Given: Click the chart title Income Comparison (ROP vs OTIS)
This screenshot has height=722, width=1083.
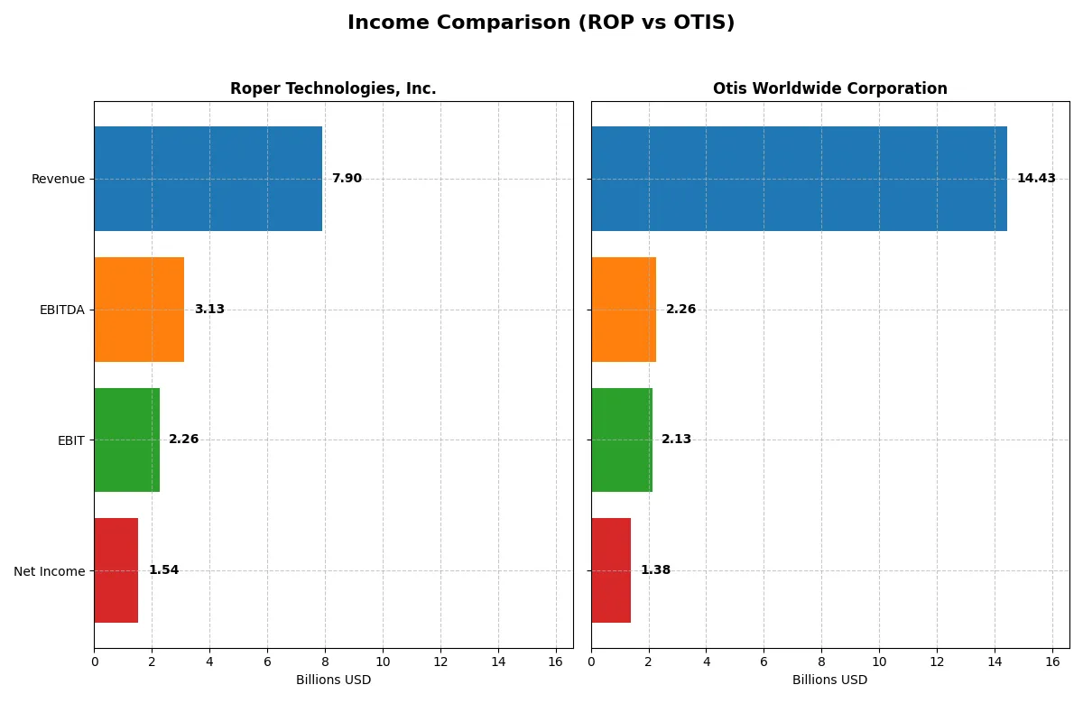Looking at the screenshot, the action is coord(541,23).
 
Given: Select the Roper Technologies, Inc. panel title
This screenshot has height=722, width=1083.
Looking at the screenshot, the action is coord(333,88).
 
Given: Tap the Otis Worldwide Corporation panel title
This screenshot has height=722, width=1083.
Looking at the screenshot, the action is coord(829,88).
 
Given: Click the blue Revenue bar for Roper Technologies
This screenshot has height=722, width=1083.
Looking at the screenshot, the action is coord(208,179).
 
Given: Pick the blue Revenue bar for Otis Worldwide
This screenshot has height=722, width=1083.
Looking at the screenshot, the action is coord(799,179).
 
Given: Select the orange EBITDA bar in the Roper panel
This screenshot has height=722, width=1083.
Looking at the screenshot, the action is coord(139,310).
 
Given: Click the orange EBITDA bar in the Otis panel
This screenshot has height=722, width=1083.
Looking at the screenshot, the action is coord(624,310).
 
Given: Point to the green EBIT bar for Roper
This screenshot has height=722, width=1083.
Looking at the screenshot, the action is coord(126,440).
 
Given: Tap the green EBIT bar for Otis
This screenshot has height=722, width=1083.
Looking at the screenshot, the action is coord(622,440).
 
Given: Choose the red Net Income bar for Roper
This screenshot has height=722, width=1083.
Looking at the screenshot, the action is coord(116,570).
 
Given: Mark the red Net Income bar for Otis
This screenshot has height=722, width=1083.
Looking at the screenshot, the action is coord(611,570).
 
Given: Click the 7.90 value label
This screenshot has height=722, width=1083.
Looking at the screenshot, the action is coord(347,179).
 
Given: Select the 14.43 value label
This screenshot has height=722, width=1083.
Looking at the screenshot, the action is coord(1036,179).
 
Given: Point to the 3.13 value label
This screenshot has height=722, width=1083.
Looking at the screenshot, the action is coord(209,310).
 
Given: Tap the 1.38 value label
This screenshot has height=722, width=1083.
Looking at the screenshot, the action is coord(655,570).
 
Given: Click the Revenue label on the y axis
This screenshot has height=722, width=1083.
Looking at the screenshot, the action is coord(58,179).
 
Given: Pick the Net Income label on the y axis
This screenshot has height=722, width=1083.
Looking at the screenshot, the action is coord(50,570).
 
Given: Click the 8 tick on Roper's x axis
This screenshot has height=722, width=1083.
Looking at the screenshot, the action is coord(325,662).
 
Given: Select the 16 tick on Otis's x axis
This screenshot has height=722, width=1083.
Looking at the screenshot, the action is coord(1052,662).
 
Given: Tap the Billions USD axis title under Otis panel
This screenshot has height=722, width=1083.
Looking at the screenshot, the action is coord(829,680).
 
